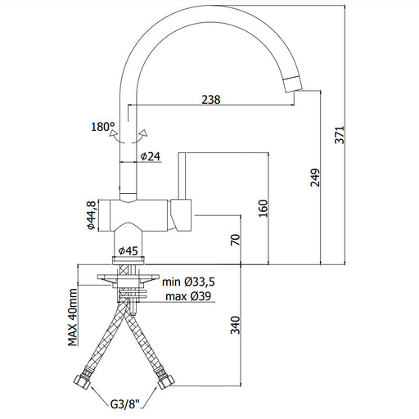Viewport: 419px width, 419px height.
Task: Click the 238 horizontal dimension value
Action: click(211, 100)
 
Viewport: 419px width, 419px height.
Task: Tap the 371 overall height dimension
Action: click(340, 135)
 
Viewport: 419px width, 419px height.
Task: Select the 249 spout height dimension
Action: click(315, 178)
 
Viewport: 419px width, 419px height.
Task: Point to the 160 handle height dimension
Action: click(264, 209)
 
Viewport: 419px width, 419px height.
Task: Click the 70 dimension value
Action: click(236, 240)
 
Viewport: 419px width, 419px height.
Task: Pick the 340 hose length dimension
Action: click(236, 325)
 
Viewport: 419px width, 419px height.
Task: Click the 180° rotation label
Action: click(103, 127)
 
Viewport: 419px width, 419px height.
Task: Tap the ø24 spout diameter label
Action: click(151, 156)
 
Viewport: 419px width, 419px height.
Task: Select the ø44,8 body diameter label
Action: click(91, 215)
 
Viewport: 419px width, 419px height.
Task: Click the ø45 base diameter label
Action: click(128, 250)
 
